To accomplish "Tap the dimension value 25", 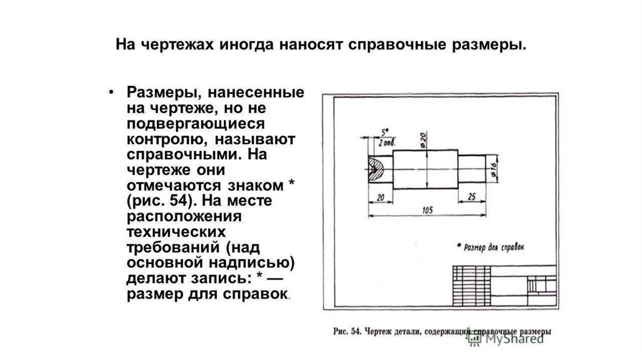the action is (x=471, y=196).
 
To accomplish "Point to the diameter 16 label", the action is (x=493, y=167).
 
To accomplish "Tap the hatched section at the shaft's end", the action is (x=377, y=168).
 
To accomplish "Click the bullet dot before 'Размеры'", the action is (x=110, y=92).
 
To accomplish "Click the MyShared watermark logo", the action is (x=505, y=339).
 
